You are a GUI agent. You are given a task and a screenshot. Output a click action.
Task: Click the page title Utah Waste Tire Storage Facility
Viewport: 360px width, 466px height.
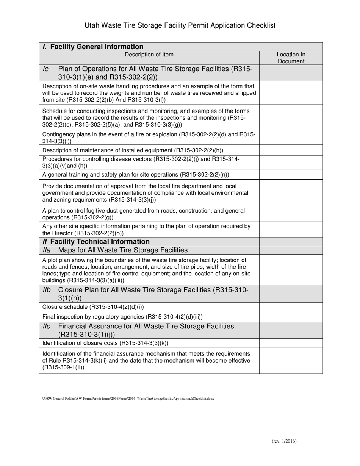click(x=180, y=25)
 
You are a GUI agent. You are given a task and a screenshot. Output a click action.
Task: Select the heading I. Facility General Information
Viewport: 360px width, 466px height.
click(x=93, y=47)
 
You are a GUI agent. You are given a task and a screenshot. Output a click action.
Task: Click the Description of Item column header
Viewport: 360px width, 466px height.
click(x=149, y=55)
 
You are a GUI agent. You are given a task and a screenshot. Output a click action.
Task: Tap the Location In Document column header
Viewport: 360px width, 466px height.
click(x=291, y=58)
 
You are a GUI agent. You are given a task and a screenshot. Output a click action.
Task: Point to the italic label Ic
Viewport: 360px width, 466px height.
click(x=45, y=69)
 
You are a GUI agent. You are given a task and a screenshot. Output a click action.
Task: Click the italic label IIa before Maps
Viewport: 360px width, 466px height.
click(x=47, y=250)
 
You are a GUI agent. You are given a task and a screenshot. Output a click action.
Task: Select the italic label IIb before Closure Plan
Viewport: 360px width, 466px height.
click(x=47, y=290)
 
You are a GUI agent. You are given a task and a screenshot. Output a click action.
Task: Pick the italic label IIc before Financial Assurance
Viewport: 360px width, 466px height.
click(x=47, y=327)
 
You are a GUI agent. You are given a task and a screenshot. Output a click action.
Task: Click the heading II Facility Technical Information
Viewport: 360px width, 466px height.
click(x=96, y=242)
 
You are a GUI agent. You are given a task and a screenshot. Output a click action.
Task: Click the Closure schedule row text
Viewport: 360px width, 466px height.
click(x=93, y=307)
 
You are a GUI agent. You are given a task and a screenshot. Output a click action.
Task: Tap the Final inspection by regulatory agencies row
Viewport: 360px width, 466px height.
click(x=122, y=317)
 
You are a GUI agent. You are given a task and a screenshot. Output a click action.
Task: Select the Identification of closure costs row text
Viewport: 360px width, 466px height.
click(x=105, y=343)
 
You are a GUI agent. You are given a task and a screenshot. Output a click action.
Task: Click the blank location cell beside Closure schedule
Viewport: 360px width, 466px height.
click(x=291, y=307)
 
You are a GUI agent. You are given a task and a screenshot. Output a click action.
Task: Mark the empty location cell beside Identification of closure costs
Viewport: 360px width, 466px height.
click(x=291, y=343)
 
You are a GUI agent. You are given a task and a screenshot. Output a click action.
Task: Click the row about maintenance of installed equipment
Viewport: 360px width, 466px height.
click(x=133, y=150)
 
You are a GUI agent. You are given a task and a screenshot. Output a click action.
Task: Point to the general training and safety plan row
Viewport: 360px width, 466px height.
click(x=136, y=175)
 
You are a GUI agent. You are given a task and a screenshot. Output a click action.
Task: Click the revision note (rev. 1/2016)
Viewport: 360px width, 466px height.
click(x=284, y=441)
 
